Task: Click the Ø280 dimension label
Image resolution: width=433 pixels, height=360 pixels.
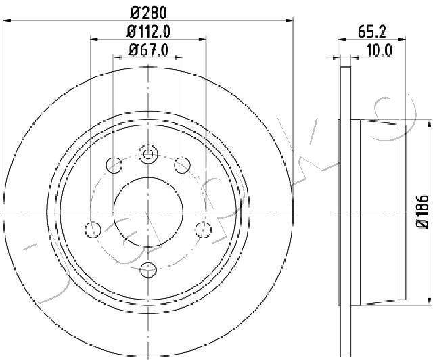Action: coord(149,13)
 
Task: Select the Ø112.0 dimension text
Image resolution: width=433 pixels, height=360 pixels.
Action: coord(148,32)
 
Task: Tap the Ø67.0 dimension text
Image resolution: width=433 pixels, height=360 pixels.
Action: coord(149,51)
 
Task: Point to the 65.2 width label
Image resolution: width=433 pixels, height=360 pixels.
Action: coord(372,32)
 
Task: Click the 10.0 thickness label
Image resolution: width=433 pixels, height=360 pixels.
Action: coord(379,51)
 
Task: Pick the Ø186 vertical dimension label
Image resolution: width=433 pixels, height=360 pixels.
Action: coord(422,212)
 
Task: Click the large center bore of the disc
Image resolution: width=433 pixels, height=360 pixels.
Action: coord(148,212)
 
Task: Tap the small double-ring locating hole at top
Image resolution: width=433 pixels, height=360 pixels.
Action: coord(148,154)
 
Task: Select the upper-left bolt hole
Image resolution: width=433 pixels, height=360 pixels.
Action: coord(114,165)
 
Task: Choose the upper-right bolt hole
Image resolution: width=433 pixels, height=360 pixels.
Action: coord(182,165)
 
